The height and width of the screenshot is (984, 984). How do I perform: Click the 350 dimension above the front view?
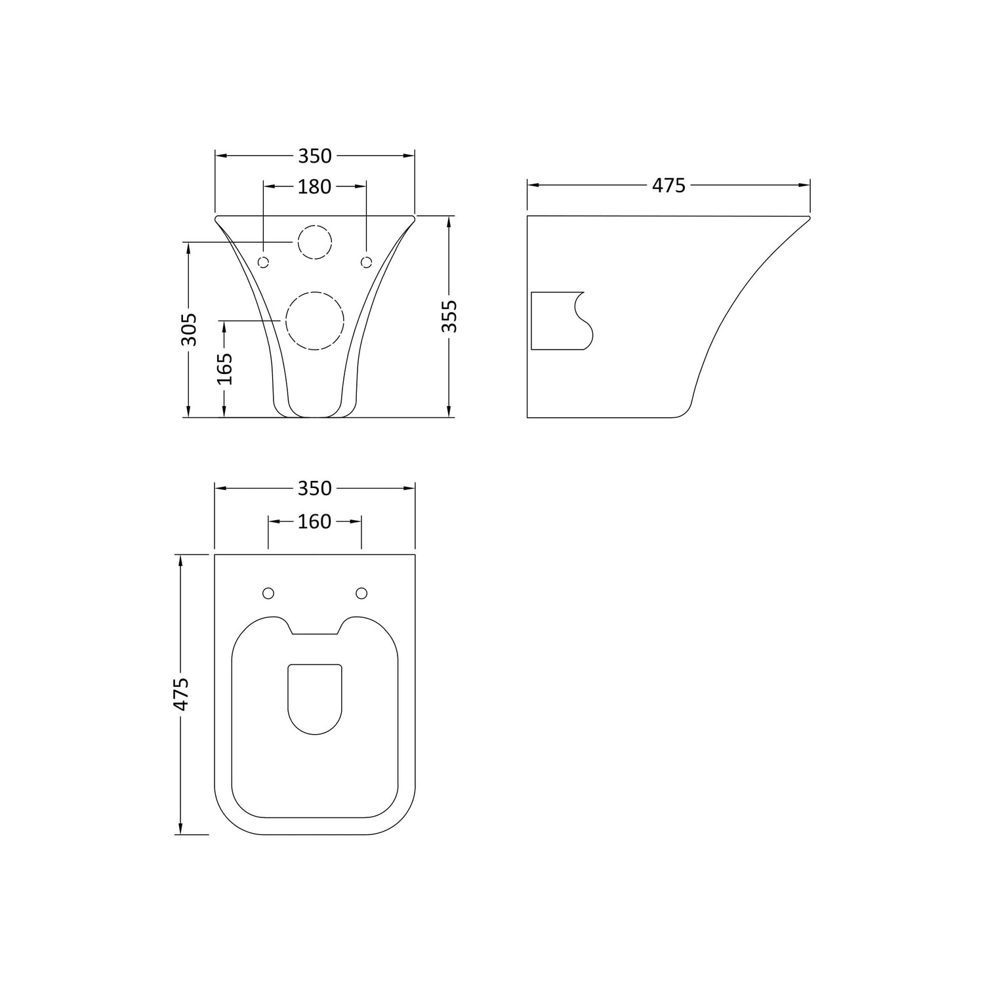315,156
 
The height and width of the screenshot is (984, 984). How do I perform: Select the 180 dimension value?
315,187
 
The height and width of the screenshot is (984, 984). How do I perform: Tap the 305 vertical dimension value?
189,329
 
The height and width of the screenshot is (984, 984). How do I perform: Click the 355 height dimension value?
449,316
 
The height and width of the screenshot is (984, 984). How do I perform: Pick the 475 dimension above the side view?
668,186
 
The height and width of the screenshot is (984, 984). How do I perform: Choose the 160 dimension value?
315,522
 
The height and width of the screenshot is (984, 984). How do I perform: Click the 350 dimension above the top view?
315,488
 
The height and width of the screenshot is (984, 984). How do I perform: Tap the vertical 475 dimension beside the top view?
180,694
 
